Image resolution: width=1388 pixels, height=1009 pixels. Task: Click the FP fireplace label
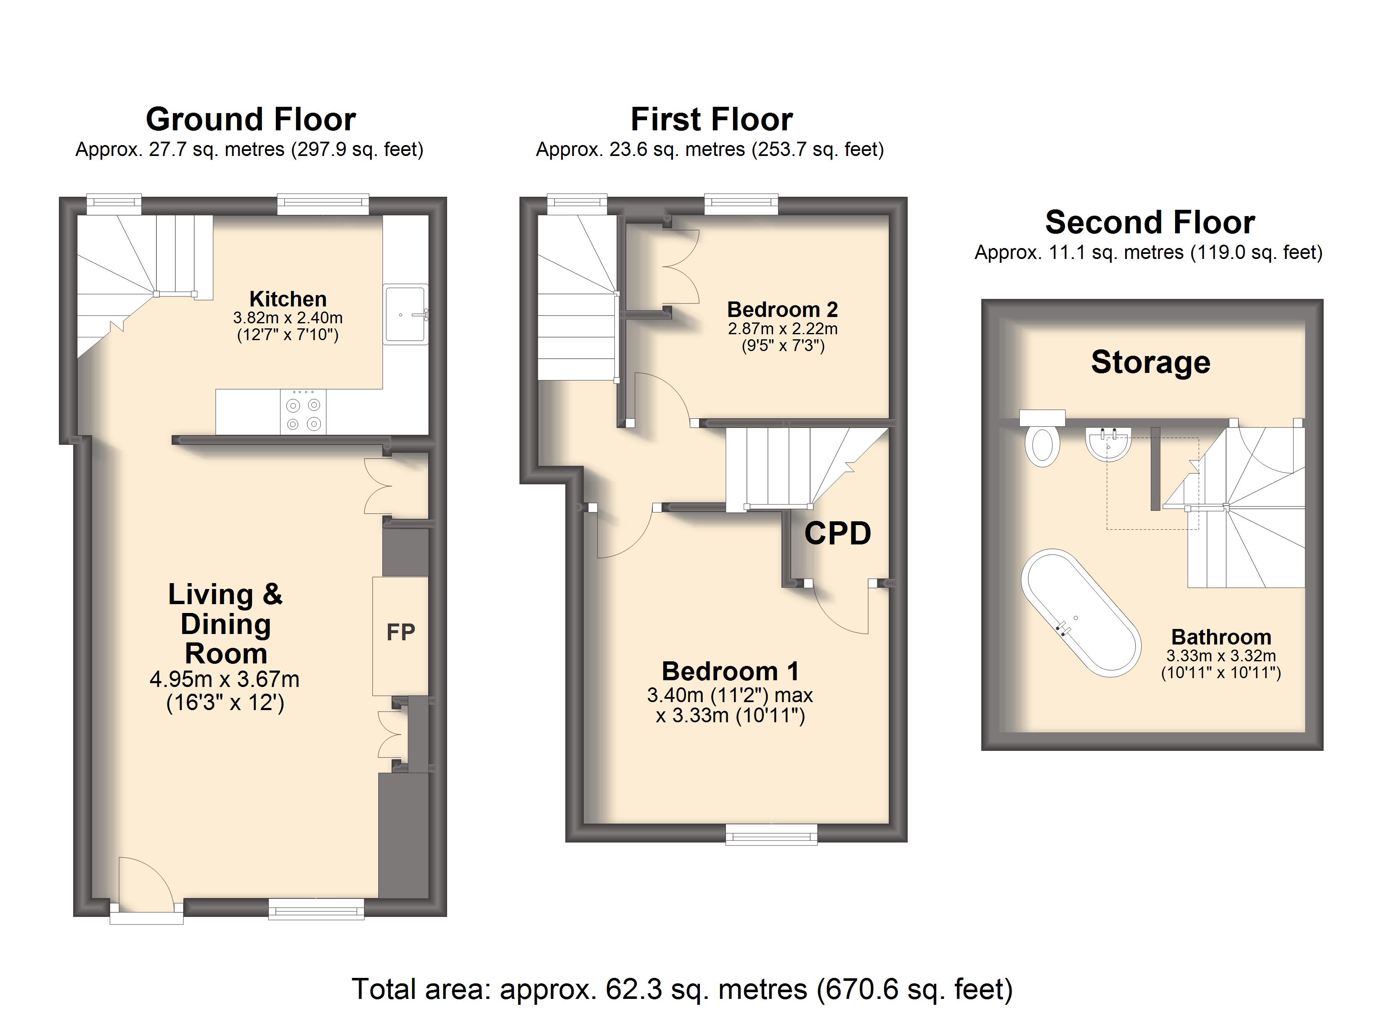pyautogui.click(x=401, y=632)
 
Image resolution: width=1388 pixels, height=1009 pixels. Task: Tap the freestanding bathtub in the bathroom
pyautogui.click(x=1081, y=613)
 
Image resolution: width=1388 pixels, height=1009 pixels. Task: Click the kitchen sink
pyautogui.click(x=406, y=314)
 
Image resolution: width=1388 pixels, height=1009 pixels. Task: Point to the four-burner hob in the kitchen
pyautogui.click(x=304, y=412)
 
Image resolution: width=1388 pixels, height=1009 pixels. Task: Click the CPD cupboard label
pyautogui.click(x=837, y=533)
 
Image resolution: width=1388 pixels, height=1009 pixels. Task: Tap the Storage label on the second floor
pyautogui.click(x=1150, y=362)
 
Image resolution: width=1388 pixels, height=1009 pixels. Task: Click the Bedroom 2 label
pyautogui.click(x=782, y=309)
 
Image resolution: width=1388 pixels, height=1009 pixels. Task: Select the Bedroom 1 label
pyautogui.click(x=730, y=671)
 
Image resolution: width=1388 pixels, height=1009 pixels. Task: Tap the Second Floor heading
pyautogui.click(x=1150, y=222)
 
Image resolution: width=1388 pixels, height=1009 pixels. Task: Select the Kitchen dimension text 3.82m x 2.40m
pyautogui.click(x=288, y=317)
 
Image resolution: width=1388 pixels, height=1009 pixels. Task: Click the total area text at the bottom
pyautogui.click(x=682, y=989)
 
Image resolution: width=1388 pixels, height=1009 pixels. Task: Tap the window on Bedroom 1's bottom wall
pyautogui.click(x=771, y=834)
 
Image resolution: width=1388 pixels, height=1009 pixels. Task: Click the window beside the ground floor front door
pyautogui.click(x=316, y=909)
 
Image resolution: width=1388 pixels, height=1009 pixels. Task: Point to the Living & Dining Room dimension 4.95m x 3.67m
pyautogui.click(x=225, y=679)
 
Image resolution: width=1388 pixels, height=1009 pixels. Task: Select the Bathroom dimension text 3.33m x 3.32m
pyautogui.click(x=1221, y=656)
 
